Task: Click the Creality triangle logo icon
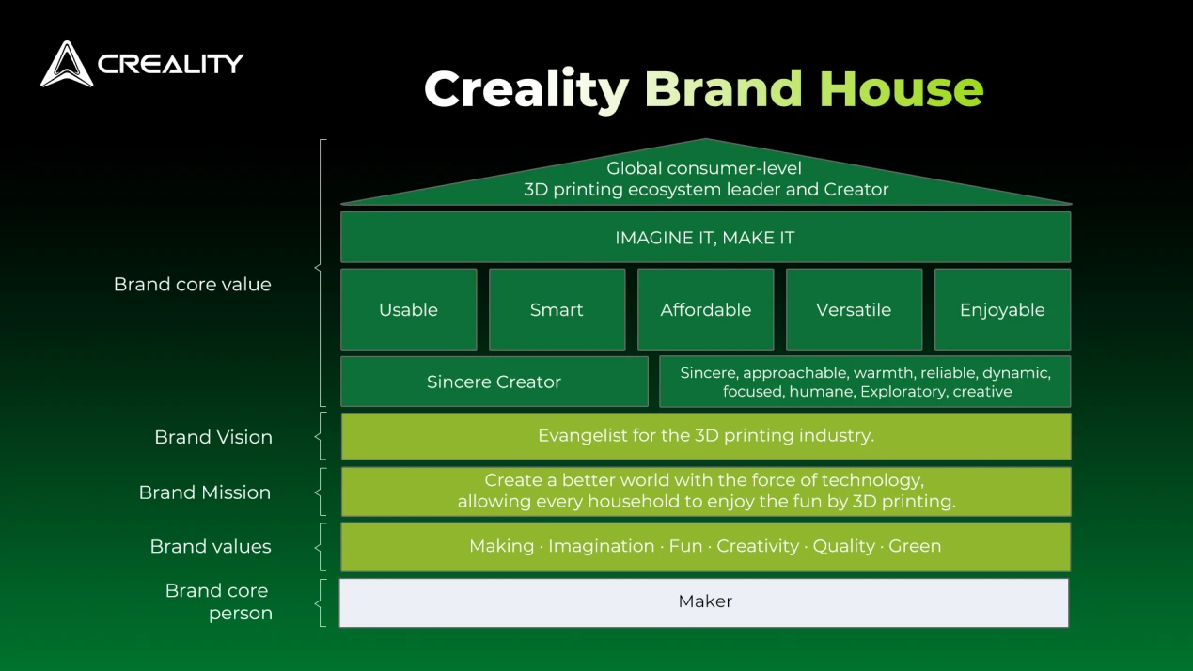pos(67,64)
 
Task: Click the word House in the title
pos(902,89)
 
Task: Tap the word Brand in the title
pos(723,89)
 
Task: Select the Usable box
pos(409,309)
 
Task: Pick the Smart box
pos(557,309)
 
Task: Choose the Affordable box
pos(706,309)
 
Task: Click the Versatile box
pos(855,309)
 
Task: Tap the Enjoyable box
pos(1003,309)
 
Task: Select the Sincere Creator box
pos(494,382)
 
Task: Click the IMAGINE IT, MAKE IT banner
pos(706,238)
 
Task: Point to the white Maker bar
pos(704,602)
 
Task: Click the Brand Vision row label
pos(213,437)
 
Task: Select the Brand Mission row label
pos(205,492)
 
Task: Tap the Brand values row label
pos(211,547)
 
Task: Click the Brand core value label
pos(193,285)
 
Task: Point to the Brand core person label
pos(218,601)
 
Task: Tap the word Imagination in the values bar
pos(602,546)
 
